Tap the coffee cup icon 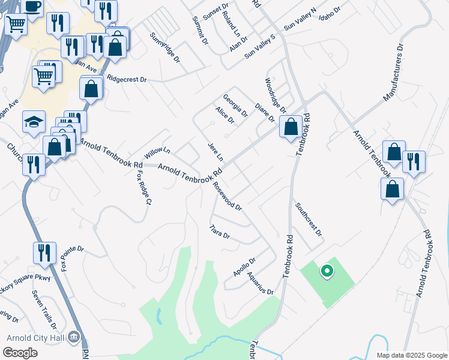[x=32, y=5]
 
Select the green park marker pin [x=327, y=272]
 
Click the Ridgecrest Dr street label [x=127, y=78]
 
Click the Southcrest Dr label [x=309, y=218]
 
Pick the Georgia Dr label [x=235, y=105]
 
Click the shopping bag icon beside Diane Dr [x=291, y=127]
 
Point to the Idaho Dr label [x=330, y=11]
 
